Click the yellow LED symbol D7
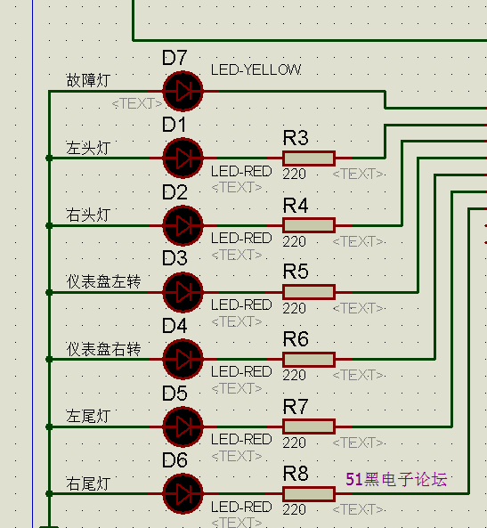click(183, 91)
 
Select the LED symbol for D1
click(183, 158)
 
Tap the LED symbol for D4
click(183, 360)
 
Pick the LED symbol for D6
click(183, 493)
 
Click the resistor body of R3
click(309, 158)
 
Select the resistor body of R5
click(309, 292)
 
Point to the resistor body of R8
click(309, 494)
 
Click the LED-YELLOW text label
click(256, 70)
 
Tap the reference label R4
click(296, 206)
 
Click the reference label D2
click(175, 192)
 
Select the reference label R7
click(296, 407)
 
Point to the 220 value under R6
click(295, 375)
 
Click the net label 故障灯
click(88, 80)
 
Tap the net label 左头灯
click(88, 148)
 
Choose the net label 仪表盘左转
click(103, 281)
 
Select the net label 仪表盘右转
click(103, 349)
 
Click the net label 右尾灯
click(88, 483)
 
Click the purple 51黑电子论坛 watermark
click(396, 479)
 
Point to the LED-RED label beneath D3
click(241, 305)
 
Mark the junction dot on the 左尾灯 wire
click(49, 427)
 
